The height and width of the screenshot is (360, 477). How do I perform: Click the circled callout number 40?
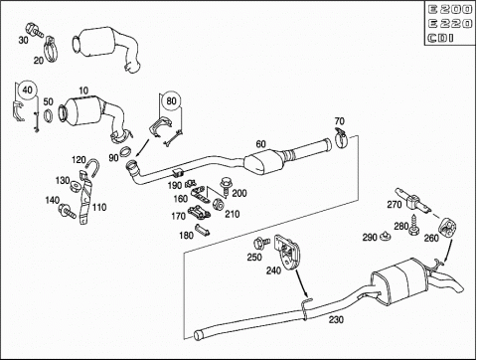pyautogui.click(x=27, y=90)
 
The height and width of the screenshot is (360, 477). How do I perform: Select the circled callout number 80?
pyautogui.click(x=171, y=100)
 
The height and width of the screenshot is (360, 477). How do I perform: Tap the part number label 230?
pyautogui.click(x=336, y=319)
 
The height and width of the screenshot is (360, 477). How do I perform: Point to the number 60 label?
pyautogui.click(x=260, y=144)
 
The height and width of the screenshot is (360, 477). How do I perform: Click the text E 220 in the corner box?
pyautogui.click(x=450, y=24)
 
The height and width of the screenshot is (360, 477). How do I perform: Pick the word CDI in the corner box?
pyautogui.click(x=440, y=38)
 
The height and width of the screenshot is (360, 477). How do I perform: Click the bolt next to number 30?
pyautogui.click(x=34, y=30)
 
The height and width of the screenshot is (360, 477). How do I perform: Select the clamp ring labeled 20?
pyautogui.click(x=51, y=49)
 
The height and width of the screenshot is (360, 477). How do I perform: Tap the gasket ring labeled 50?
pyautogui.click(x=49, y=115)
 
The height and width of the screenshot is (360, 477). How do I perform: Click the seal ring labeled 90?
pyautogui.click(x=125, y=151)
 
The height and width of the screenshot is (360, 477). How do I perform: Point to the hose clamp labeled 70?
pyautogui.click(x=341, y=138)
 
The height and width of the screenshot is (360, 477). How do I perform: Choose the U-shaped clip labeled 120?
pyautogui.click(x=92, y=167)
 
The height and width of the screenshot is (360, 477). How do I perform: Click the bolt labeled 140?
pyautogui.click(x=68, y=211)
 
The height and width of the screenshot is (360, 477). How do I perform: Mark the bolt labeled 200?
pyautogui.click(x=227, y=186)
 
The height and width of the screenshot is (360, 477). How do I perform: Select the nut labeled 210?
pyautogui.click(x=218, y=205)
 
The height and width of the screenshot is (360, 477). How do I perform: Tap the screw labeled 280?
pyautogui.click(x=413, y=225)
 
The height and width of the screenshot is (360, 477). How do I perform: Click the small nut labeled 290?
pyautogui.click(x=386, y=236)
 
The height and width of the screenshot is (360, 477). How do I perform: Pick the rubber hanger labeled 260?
pyautogui.click(x=447, y=226)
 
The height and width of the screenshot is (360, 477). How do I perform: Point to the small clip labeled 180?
pyautogui.click(x=202, y=230)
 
